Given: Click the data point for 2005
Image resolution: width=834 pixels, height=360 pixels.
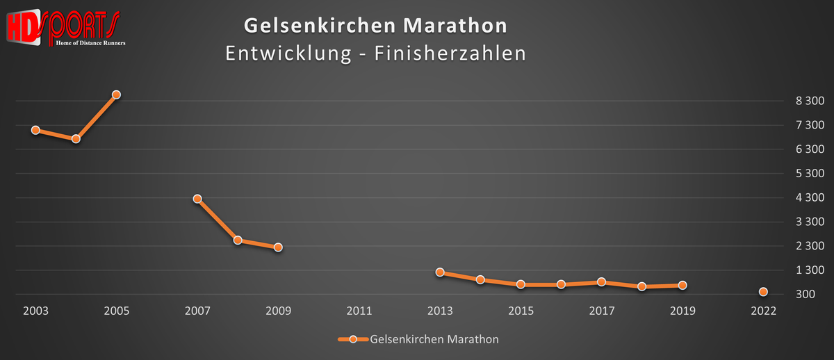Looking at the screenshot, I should [117, 95].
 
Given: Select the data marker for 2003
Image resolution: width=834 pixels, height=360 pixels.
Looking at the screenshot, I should [35, 130].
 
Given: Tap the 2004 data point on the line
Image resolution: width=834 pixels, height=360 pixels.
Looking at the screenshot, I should [76, 139].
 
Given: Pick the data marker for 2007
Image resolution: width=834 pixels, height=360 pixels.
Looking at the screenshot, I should [197, 199].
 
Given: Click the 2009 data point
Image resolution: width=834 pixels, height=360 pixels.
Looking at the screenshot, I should [278, 247].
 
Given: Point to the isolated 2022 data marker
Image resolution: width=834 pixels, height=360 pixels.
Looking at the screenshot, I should [763, 292].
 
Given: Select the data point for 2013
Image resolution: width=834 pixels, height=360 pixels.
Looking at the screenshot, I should [440, 272].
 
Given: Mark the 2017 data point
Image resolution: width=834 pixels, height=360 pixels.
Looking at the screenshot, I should [601, 282].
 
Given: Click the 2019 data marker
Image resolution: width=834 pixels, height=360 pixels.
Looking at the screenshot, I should [682, 285].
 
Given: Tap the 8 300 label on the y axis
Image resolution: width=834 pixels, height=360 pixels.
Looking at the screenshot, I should [810, 101].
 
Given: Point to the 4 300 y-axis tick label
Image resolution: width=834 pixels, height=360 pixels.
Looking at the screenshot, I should [810, 198].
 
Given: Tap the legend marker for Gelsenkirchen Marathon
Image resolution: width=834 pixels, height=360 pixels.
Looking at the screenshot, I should [353, 339].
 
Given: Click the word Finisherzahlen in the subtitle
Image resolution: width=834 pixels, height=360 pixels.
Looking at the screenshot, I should [450, 54].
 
